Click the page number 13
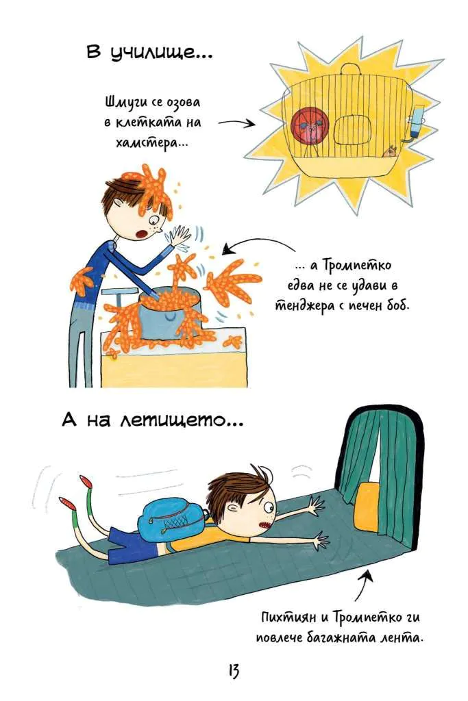click(234, 671)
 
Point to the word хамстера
click(149, 143)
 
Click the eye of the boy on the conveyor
click(269, 507)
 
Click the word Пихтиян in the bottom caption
click(288, 617)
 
